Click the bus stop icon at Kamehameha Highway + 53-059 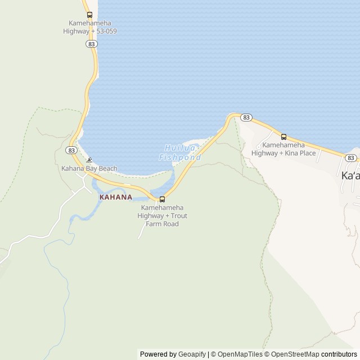(89, 15)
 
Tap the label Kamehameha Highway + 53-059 (90, 27)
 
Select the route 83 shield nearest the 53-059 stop (91, 43)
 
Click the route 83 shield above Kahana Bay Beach (71, 150)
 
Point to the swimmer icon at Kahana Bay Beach (89, 160)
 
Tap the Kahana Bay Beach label (89, 168)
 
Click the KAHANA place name (116, 197)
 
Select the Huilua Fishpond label (180, 152)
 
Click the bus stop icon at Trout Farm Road (163, 199)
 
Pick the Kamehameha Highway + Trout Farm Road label (164, 216)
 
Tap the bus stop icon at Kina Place (283, 137)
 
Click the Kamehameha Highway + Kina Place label (283, 149)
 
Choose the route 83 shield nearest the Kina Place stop (246, 117)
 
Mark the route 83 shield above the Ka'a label (352, 158)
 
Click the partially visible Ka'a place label (350, 175)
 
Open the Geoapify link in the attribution (192, 354)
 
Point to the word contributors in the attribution (339, 354)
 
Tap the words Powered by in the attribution (158, 354)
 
